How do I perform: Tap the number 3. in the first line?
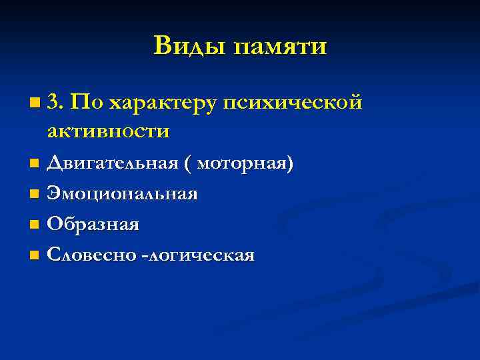click(56, 102)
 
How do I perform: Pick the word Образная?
click(93, 225)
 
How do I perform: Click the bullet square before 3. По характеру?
click(35, 103)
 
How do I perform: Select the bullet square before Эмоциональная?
click(35, 195)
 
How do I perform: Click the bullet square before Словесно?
click(35, 255)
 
